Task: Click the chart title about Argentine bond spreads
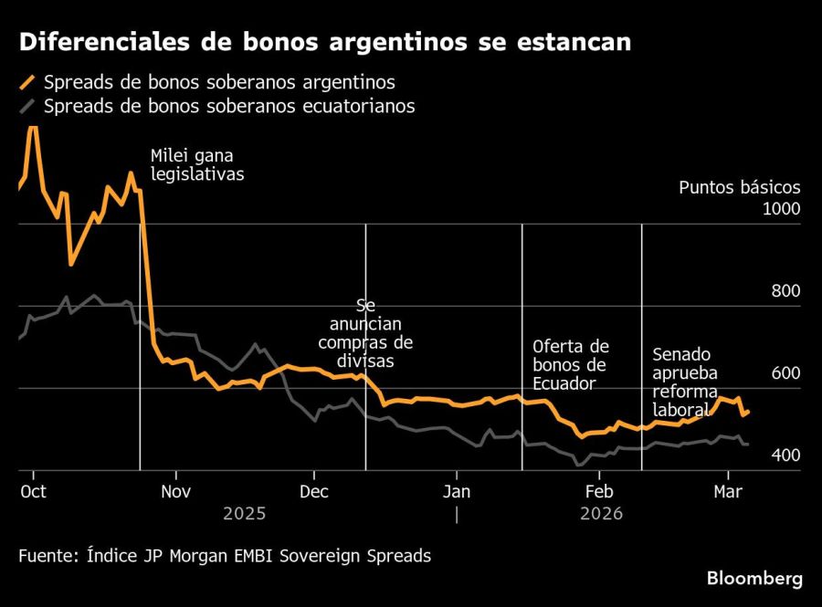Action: point(325,43)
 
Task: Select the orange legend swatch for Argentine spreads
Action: point(27,82)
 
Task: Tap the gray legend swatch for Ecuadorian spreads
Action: point(27,106)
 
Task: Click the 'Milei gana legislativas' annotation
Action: point(197,164)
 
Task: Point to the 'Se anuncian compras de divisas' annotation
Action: point(365,333)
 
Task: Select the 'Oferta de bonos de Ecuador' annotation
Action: point(571,364)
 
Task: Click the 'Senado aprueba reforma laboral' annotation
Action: point(685,382)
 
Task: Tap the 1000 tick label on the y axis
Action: point(781,209)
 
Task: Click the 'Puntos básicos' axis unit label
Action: point(739,187)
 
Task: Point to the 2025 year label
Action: point(245,514)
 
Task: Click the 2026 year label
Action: point(600,514)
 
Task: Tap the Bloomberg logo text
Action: point(754,579)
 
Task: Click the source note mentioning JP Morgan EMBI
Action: point(224,555)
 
